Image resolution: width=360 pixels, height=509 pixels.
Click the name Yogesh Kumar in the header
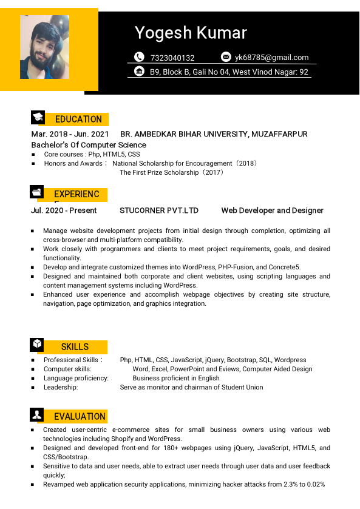[x=191, y=33]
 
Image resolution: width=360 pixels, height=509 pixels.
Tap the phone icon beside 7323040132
[x=139, y=57]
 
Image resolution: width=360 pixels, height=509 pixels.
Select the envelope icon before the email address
[x=226, y=57]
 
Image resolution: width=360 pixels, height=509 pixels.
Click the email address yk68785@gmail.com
[x=272, y=58]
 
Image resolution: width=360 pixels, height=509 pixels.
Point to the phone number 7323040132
[x=172, y=58]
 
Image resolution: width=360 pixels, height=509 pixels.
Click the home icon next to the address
[x=139, y=72]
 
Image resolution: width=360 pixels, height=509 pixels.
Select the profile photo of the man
[x=44, y=47]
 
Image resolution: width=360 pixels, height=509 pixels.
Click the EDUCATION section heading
[x=78, y=120]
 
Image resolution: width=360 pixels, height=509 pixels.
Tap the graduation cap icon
[x=38, y=118]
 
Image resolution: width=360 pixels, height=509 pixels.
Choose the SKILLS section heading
[x=75, y=347]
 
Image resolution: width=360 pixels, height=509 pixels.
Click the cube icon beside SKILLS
[x=37, y=345]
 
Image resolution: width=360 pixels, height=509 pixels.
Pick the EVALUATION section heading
[x=80, y=417]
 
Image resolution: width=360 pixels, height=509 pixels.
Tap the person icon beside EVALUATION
[x=37, y=415]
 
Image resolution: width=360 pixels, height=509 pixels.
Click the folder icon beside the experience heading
[x=37, y=192]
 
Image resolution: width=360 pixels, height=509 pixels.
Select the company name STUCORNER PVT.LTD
[x=159, y=211]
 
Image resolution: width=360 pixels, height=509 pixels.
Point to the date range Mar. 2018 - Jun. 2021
[x=70, y=134]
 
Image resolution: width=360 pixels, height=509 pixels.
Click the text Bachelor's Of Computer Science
[x=89, y=145]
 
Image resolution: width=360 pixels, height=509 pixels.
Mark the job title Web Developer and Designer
[x=272, y=211]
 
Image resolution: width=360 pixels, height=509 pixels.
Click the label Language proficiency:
[x=76, y=378]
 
